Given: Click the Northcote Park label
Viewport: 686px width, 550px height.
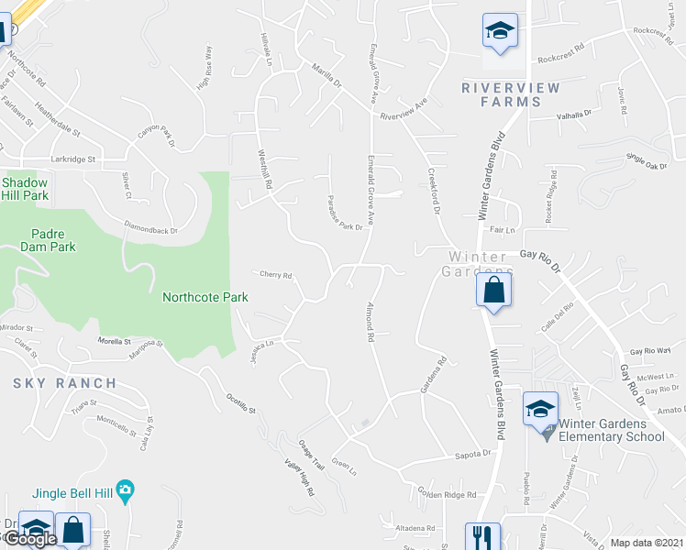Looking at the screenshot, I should (x=205, y=297).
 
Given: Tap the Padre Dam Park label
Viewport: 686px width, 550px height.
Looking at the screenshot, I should (x=46, y=239).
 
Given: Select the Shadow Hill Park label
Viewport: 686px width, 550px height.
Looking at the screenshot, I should (x=24, y=189).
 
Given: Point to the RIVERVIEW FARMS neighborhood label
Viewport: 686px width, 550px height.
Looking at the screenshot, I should (x=501, y=94).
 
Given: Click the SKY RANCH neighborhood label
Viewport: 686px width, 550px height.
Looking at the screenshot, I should (x=65, y=383).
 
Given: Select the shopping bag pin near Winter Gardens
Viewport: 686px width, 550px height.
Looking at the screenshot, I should (x=493, y=292).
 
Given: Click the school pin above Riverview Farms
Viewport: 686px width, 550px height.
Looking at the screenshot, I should (x=501, y=31).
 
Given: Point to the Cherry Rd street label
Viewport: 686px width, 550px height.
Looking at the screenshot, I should (x=275, y=275).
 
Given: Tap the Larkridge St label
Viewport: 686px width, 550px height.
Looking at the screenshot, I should (x=73, y=159).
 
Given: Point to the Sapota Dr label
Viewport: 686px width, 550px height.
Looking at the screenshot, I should (x=474, y=453).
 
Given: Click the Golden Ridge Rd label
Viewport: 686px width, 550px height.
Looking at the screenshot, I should (x=448, y=494).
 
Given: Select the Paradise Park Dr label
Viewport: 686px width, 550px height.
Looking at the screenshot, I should (x=348, y=214).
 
